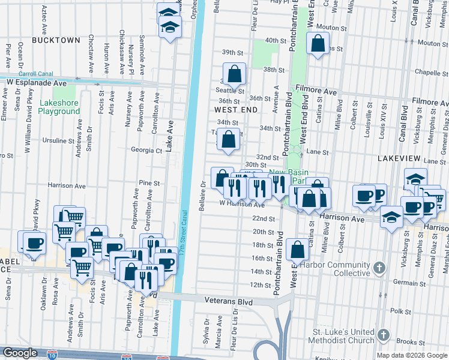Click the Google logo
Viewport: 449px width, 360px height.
coord(20,353)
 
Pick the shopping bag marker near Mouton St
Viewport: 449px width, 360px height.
coord(318,44)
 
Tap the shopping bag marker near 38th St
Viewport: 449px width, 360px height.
coord(236,74)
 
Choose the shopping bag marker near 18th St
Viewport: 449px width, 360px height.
coord(297,250)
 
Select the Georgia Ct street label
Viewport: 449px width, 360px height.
coord(147,151)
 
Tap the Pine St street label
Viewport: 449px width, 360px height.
coord(149,183)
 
